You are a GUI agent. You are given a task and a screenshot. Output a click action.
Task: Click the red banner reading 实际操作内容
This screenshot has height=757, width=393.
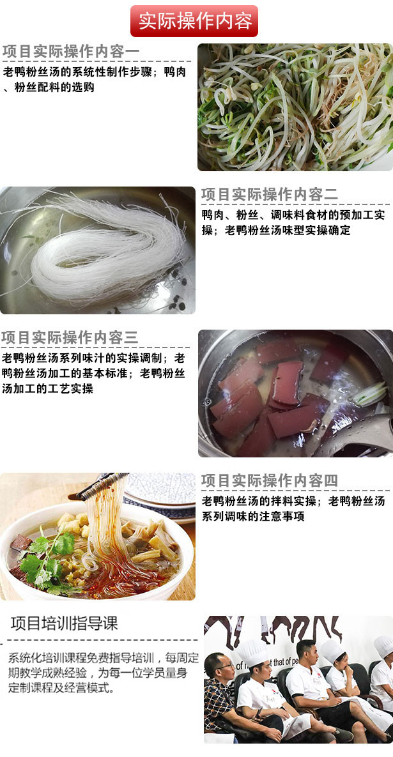194,20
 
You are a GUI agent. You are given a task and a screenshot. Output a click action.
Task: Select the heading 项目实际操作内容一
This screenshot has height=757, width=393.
71,52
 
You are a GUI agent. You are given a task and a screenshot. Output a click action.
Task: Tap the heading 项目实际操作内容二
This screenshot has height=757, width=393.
270,195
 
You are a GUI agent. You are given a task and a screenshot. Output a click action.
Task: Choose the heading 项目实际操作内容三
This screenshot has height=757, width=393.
70,337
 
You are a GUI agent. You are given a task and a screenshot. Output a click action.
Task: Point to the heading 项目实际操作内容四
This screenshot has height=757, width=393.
270,480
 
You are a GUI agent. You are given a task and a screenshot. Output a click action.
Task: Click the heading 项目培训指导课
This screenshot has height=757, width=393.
64,623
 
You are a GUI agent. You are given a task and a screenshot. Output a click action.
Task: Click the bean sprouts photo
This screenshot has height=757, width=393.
295,107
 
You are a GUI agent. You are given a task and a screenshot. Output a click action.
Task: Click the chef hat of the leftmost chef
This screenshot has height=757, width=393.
252,652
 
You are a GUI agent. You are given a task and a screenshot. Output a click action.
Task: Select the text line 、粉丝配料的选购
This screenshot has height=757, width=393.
49,88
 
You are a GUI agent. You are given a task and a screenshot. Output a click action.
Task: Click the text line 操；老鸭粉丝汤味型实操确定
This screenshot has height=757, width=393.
275,230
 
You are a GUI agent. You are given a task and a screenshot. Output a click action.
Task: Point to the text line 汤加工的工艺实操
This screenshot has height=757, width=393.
47,388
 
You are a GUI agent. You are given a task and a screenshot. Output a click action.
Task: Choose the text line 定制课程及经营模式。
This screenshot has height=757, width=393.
62,687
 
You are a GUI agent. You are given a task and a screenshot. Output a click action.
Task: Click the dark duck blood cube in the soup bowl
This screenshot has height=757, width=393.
20,543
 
